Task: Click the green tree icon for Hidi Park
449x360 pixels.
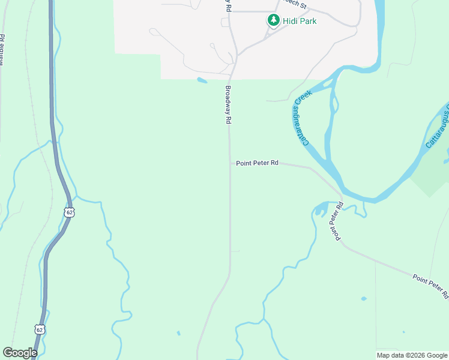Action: [x=274, y=21]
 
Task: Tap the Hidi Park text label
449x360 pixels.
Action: [x=300, y=21]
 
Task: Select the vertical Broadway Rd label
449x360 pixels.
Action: [x=228, y=104]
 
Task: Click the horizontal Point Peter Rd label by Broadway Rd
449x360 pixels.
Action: [x=257, y=163]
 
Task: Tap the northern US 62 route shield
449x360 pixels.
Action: [x=70, y=212]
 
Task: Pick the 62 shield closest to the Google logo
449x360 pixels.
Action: [x=39, y=329]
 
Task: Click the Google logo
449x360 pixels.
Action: [x=20, y=353]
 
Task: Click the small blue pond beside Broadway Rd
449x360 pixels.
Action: [x=202, y=80]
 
